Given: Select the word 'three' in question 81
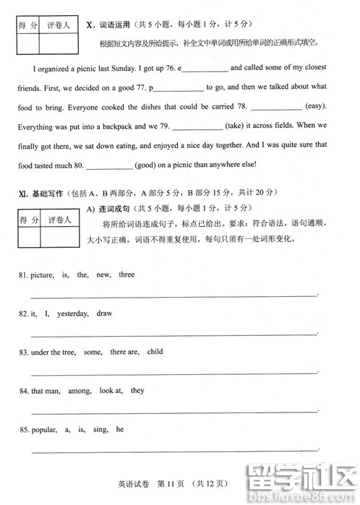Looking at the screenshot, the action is [127, 275].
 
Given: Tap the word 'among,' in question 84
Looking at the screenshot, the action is [79, 390].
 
